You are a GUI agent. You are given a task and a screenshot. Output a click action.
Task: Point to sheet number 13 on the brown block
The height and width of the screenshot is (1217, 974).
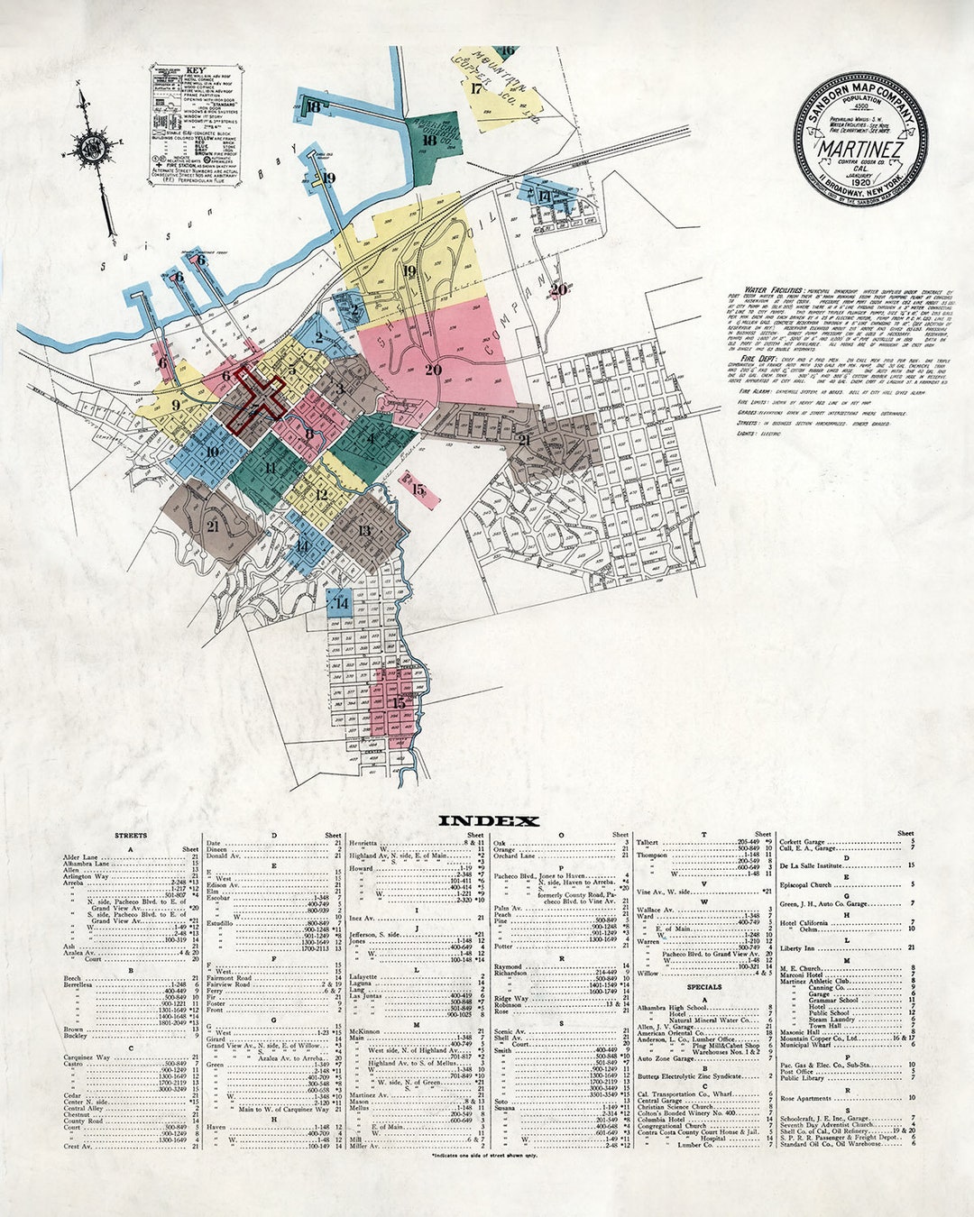pos(364,531)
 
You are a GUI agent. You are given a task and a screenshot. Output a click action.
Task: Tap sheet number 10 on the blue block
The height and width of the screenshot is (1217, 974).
pos(213,453)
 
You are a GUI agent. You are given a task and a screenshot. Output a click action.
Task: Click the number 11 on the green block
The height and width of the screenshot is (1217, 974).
pos(271,468)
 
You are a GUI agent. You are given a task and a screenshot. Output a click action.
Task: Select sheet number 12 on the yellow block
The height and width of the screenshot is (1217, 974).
pos(321,494)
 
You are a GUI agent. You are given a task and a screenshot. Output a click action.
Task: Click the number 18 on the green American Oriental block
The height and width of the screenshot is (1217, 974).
pos(429,140)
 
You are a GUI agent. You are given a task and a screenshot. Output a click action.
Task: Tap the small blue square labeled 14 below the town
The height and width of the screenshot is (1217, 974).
pos(341,603)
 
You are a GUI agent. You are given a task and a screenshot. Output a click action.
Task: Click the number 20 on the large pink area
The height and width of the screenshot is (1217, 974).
pos(433,370)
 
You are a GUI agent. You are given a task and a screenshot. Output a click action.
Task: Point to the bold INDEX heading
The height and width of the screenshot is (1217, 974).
pos(488,821)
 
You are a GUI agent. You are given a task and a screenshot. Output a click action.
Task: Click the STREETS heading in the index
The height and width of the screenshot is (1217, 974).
pos(131,836)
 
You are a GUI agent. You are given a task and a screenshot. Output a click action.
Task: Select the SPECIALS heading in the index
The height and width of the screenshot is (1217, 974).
pos(703,986)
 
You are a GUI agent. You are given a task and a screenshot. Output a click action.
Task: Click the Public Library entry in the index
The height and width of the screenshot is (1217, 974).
pos(802,1078)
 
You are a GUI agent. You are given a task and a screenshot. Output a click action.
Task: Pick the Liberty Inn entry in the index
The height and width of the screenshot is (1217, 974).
pos(797,947)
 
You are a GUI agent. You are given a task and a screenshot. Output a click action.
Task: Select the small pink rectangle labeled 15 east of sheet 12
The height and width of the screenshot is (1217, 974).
pos(419,490)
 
